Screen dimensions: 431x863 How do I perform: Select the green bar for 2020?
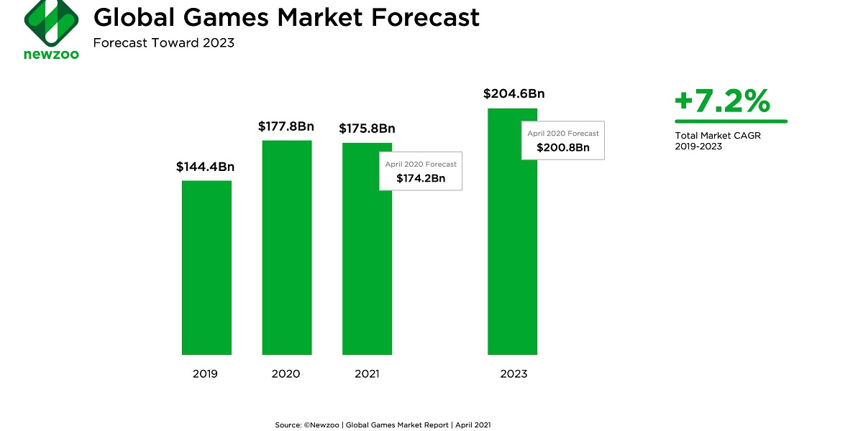(x=287, y=247)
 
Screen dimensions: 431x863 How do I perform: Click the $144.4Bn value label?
(x=206, y=167)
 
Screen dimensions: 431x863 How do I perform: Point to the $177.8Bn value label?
(x=286, y=126)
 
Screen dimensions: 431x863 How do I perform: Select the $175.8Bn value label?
(x=367, y=129)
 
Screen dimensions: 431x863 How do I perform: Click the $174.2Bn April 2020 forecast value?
(x=421, y=178)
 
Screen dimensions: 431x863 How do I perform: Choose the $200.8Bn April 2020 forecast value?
(x=563, y=147)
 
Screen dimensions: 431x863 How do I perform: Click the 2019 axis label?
(x=205, y=374)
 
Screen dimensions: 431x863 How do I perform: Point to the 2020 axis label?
(x=286, y=374)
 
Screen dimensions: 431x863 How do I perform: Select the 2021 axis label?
(x=366, y=374)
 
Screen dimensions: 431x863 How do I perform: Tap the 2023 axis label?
(x=513, y=374)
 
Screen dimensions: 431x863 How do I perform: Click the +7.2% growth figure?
(x=722, y=102)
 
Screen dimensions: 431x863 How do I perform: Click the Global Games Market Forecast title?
(x=286, y=17)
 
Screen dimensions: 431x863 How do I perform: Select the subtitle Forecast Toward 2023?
(x=164, y=43)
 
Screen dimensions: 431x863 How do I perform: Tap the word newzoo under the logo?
(x=51, y=55)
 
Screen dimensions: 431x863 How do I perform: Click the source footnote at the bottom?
(x=383, y=425)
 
